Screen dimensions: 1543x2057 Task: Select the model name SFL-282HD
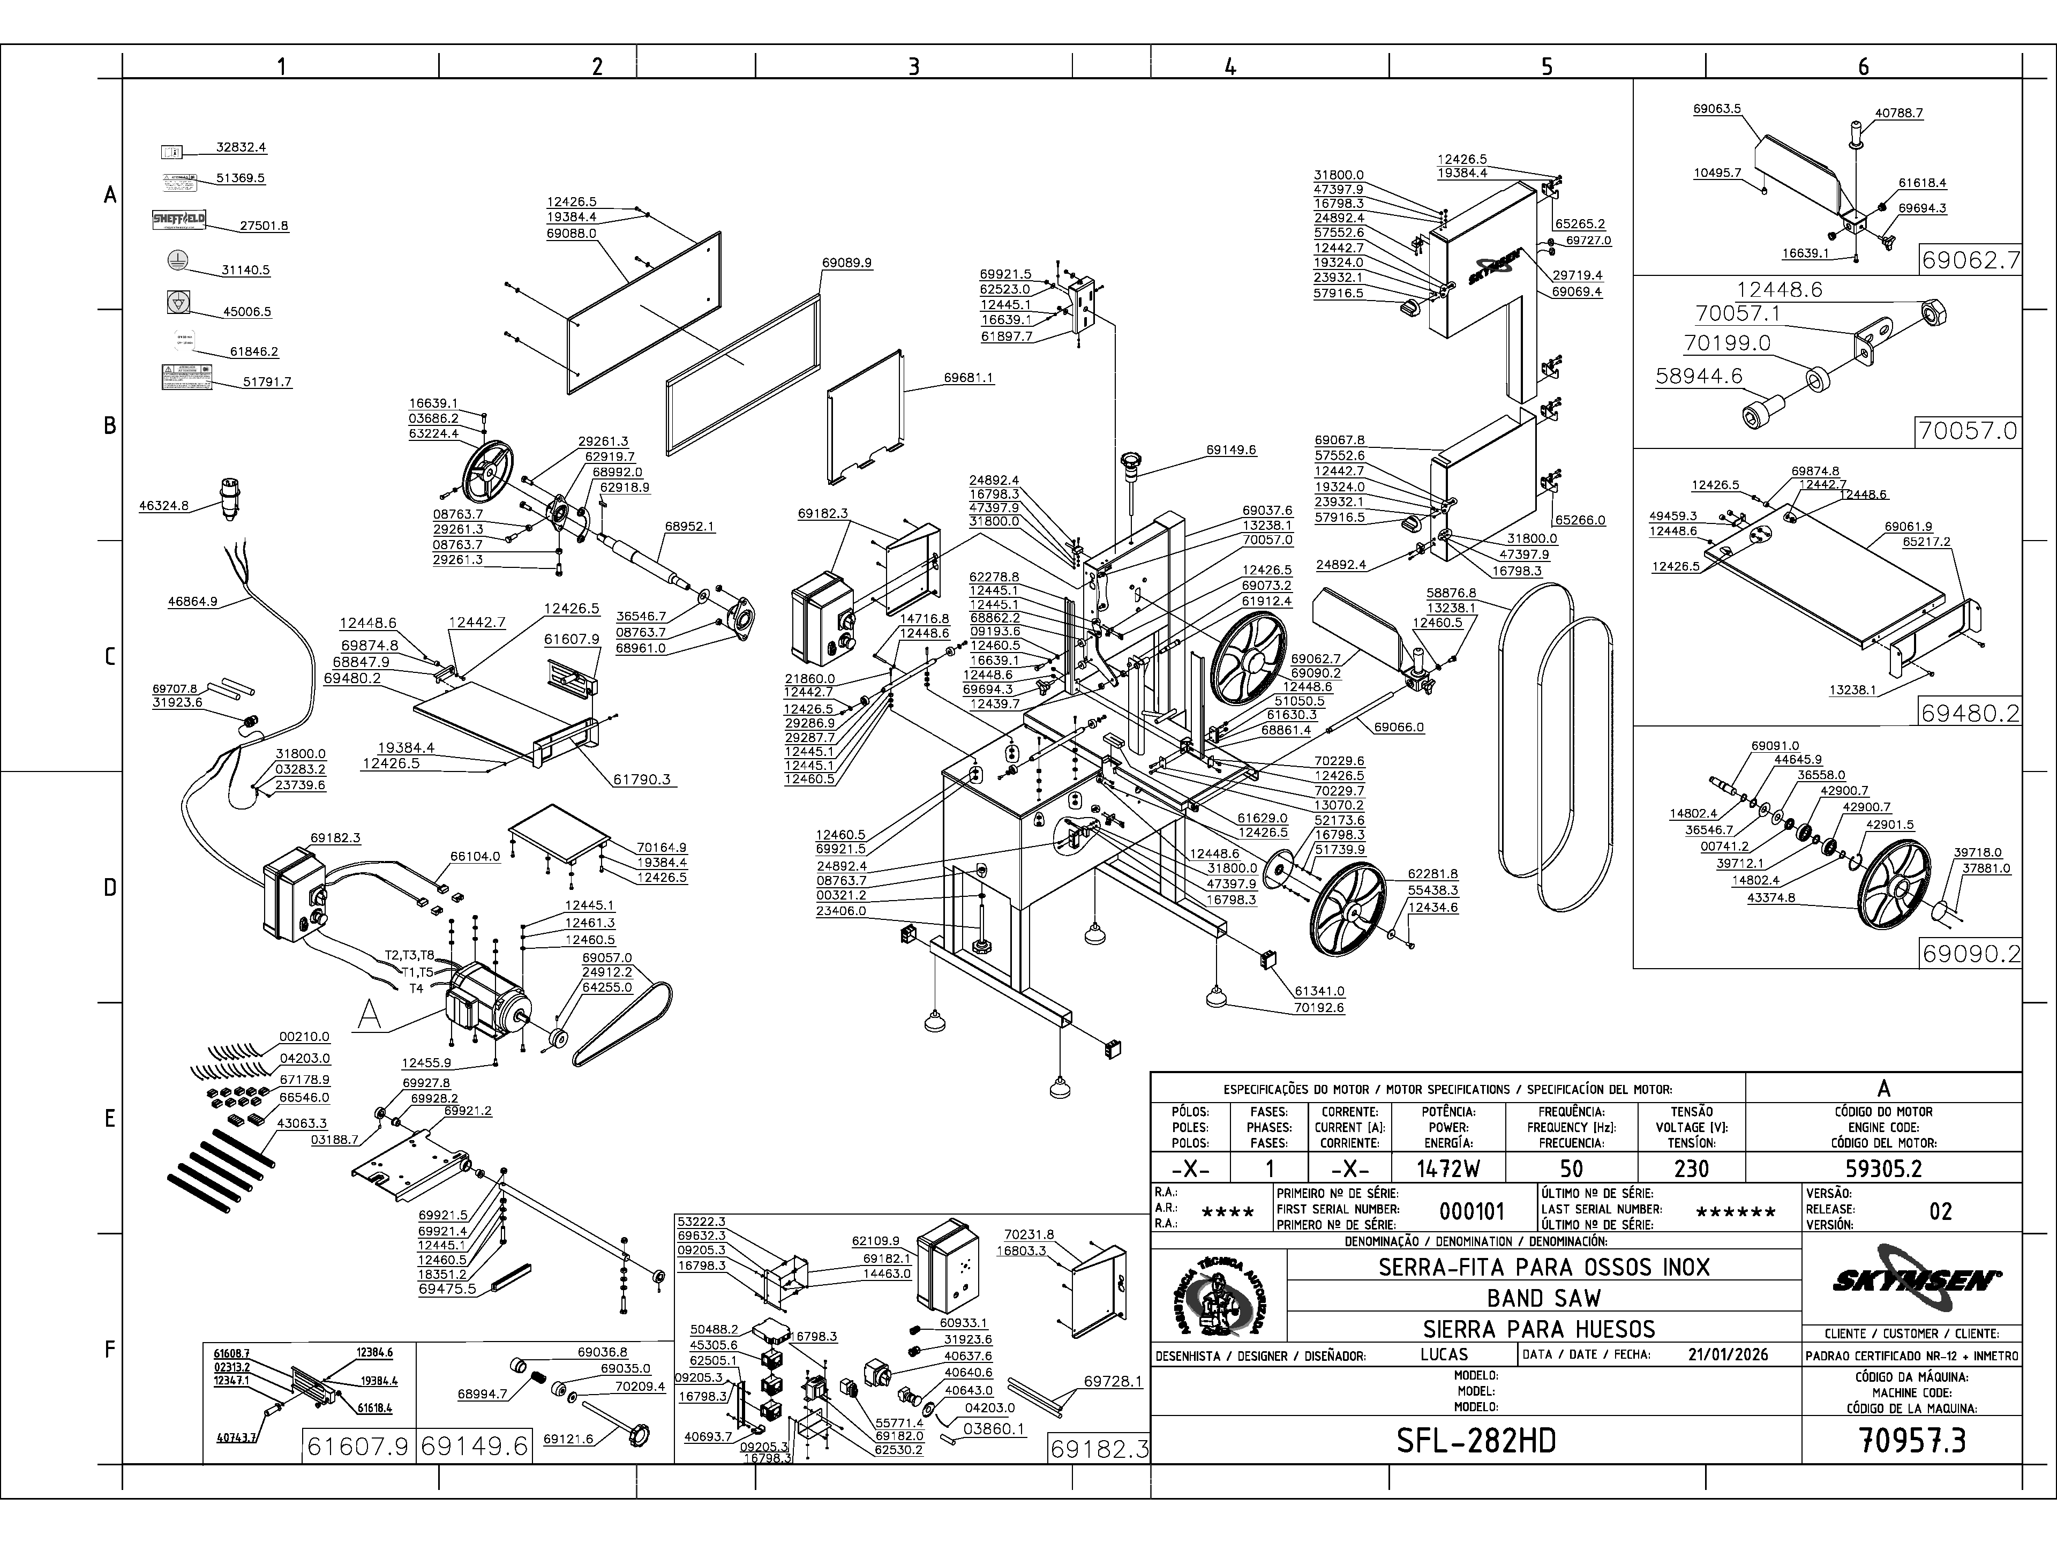pyautogui.click(x=1476, y=1441)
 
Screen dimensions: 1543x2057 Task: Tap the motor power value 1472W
pyautogui.click(x=1449, y=1168)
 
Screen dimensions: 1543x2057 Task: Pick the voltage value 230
pyautogui.click(x=1691, y=1168)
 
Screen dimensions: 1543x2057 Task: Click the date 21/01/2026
pyautogui.click(x=1728, y=1355)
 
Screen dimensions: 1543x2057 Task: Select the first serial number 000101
pyautogui.click(x=1471, y=1211)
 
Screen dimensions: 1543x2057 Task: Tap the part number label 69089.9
pyautogui.click(x=846, y=263)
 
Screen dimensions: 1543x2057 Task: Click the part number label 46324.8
pyautogui.click(x=164, y=506)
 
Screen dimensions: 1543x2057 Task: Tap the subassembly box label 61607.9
pyautogui.click(x=358, y=1446)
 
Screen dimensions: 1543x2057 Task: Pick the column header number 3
pyautogui.click(x=913, y=66)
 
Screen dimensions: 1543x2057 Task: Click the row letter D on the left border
pyautogui.click(x=110, y=887)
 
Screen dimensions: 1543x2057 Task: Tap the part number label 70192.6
pyautogui.click(x=1319, y=1007)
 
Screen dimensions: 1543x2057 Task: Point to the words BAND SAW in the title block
pyautogui.click(x=1544, y=1298)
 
